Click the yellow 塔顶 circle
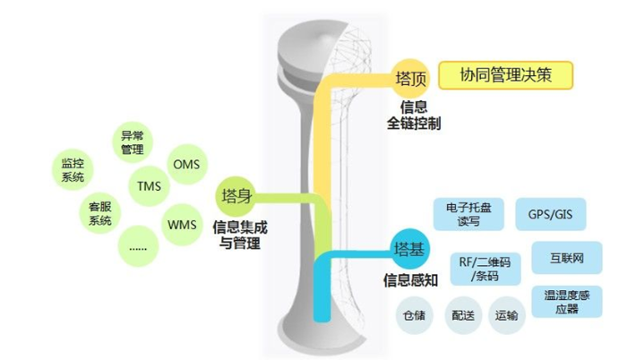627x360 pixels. (410, 78)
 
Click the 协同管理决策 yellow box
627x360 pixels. (505, 75)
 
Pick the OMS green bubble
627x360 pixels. (185, 165)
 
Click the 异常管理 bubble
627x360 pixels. (133, 143)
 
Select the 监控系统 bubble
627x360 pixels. (73, 171)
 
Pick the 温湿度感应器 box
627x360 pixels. (561, 300)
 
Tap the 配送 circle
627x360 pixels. (462, 315)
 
